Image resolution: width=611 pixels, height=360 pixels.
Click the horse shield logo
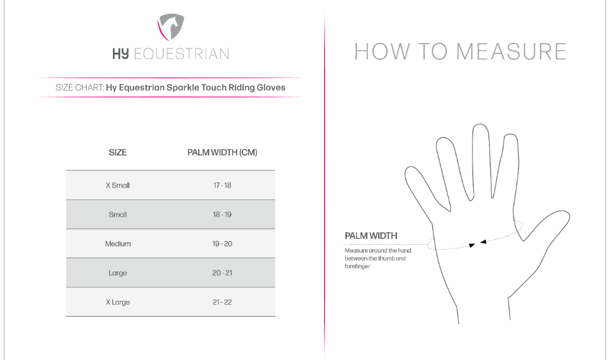(171, 27)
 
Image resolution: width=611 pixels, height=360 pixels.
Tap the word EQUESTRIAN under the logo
(181, 53)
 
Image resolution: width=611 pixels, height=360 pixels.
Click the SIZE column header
(118, 152)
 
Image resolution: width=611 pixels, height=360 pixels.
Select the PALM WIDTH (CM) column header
(222, 152)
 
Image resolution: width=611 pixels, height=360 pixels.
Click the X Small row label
(118, 186)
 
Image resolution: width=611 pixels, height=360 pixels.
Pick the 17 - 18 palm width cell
(222, 186)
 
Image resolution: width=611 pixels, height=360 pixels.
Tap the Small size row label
(118, 215)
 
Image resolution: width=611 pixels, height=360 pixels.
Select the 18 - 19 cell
(222, 215)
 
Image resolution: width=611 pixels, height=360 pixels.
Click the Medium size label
(118, 244)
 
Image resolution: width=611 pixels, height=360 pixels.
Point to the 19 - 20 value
(222, 244)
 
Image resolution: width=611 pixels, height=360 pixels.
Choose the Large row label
(118, 273)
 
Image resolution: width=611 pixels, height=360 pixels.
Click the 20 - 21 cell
(222, 273)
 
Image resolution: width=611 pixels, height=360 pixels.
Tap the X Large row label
(118, 302)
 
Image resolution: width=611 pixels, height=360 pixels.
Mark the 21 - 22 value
(222, 302)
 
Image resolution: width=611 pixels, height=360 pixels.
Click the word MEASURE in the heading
(511, 52)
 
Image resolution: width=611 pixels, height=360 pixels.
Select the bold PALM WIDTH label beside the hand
(371, 236)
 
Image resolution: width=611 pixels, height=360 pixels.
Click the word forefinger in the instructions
(357, 266)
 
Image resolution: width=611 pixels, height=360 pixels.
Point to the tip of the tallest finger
(480, 125)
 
